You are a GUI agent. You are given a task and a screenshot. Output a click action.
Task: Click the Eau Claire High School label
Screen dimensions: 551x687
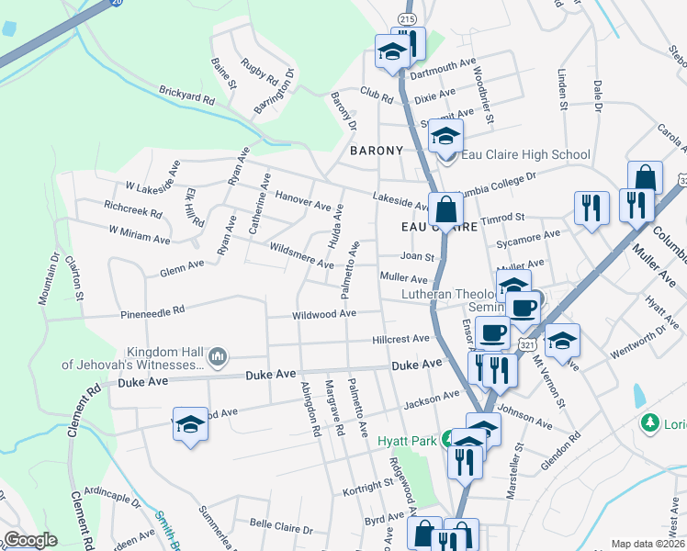(x=524, y=154)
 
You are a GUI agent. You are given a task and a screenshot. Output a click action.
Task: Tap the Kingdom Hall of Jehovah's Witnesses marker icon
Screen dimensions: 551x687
(x=218, y=355)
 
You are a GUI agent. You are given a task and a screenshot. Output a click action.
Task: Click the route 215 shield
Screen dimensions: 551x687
(x=408, y=19)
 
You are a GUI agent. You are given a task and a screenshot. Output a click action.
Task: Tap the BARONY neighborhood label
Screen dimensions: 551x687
(x=376, y=150)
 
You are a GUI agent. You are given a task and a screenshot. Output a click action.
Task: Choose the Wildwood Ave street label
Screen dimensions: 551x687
(x=323, y=314)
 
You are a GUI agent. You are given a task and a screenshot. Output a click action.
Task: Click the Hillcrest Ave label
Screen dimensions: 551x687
(x=401, y=339)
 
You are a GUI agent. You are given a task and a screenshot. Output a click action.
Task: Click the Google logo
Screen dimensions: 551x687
(x=30, y=540)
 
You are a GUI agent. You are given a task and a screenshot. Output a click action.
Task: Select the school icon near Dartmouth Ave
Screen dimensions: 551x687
(x=392, y=52)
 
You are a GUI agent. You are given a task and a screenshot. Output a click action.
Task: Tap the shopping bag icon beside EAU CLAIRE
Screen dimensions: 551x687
(x=445, y=210)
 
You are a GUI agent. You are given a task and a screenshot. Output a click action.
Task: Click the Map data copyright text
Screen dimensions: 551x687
(x=648, y=544)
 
